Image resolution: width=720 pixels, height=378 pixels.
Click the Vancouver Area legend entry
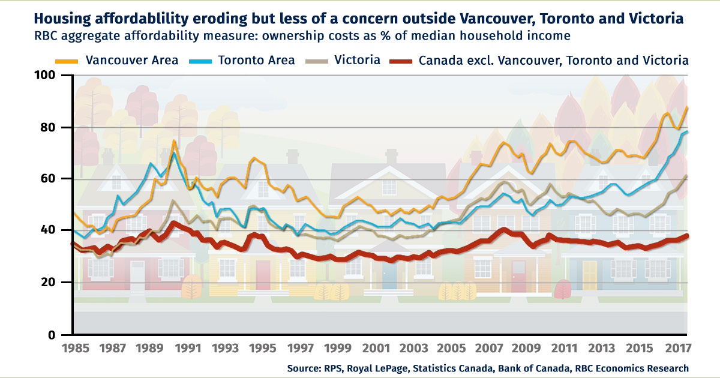(131, 60)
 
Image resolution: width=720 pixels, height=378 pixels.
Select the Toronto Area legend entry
(264, 60)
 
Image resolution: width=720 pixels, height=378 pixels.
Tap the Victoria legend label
(357, 60)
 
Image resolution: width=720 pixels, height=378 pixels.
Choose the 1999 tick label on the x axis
(340, 348)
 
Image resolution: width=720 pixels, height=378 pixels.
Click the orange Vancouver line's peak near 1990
(174, 141)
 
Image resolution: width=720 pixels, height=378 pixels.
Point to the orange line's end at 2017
(688, 107)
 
